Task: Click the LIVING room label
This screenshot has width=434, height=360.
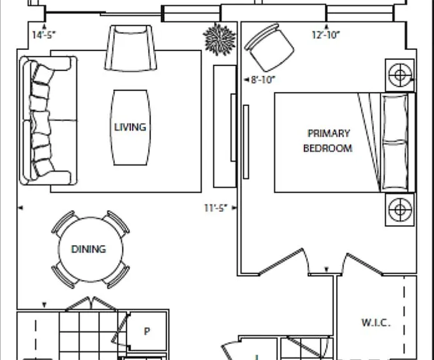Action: [130, 127]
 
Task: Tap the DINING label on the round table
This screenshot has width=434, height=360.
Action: [89, 249]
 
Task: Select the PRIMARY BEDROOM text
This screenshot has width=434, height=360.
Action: [328, 141]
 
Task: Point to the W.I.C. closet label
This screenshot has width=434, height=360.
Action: [376, 322]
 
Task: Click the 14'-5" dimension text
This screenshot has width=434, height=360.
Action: [44, 35]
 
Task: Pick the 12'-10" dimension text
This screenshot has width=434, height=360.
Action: [326, 35]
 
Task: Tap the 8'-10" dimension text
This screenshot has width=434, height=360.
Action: [263, 80]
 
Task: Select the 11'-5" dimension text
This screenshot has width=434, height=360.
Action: [216, 208]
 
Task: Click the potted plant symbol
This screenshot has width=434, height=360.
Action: [219, 39]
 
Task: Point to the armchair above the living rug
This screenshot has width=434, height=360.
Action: [131, 47]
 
